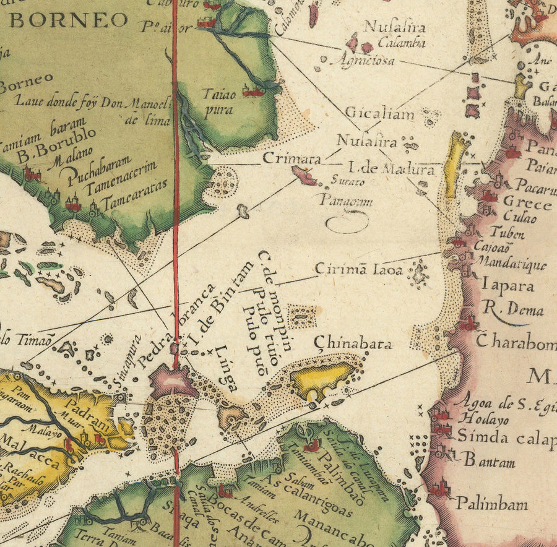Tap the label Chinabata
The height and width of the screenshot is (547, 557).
353,344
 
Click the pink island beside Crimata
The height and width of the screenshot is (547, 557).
304,176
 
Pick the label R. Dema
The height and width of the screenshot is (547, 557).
513,310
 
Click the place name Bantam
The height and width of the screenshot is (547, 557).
487,459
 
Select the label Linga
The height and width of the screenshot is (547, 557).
227,366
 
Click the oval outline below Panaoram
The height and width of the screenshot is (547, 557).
347,223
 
